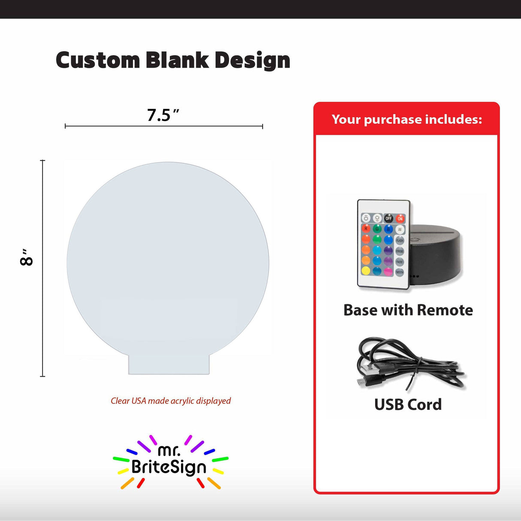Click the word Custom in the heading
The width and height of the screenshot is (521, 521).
[98, 61]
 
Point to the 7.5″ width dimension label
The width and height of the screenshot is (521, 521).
[162, 115]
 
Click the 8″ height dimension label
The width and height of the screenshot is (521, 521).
[27, 257]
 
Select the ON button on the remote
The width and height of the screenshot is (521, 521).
[400, 218]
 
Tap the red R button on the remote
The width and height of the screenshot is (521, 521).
[366, 229]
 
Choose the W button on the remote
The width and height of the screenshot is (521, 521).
[400, 229]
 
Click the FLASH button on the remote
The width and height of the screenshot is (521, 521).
[400, 240]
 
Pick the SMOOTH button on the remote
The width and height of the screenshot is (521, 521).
[400, 272]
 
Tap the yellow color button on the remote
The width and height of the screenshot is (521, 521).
[366, 271]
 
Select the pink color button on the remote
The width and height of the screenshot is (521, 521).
[388, 271]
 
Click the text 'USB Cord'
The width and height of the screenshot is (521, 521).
[408, 405]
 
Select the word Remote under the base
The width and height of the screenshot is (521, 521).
[445, 310]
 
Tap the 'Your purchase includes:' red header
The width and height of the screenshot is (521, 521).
[406, 119]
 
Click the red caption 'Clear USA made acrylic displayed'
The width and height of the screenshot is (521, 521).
[171, 401]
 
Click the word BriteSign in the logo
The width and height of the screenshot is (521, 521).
[169, 467]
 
